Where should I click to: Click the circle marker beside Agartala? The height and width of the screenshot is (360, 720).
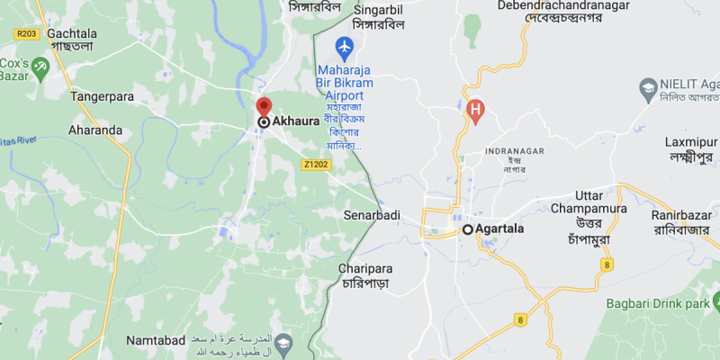pos(468,229)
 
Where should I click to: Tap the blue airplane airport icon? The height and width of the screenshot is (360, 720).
pos(344,46)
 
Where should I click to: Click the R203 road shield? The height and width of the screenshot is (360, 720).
pos(26,34)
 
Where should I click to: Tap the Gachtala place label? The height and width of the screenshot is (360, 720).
pos(71,32)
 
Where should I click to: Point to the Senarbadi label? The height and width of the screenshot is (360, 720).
pos(371,216)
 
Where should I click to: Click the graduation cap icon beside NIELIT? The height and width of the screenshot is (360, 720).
pos(647,86)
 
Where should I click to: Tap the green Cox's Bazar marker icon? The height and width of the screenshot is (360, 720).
pos(40,67)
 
